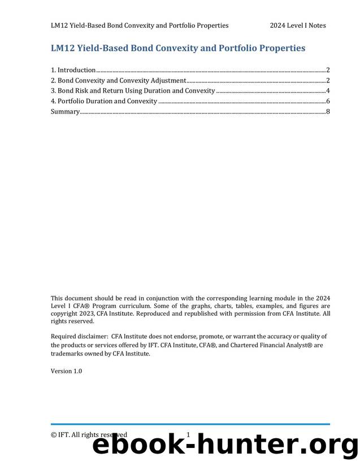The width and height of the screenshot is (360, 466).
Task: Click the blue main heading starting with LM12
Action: point(178,48)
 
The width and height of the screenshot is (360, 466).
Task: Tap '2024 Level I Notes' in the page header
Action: point(297,25)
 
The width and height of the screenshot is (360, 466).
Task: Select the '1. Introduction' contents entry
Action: point(73,70)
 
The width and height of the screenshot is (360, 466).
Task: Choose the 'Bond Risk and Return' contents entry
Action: point(133,90)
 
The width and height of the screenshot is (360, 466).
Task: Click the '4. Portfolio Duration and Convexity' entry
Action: point(104,101)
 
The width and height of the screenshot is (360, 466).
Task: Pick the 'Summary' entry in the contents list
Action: point(65,111)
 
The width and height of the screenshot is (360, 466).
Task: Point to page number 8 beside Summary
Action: point(328,111)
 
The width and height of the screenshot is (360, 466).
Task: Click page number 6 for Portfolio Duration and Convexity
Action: point(328,101)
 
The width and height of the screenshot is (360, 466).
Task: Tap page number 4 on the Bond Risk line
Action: point(328,90)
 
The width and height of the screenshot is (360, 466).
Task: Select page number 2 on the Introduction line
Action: point(328,70)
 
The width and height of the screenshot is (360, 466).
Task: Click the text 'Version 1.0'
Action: point(66,371)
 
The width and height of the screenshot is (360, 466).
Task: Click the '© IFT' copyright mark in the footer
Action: point(59,434)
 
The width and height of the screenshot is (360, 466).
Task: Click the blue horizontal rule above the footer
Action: point(190,424)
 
